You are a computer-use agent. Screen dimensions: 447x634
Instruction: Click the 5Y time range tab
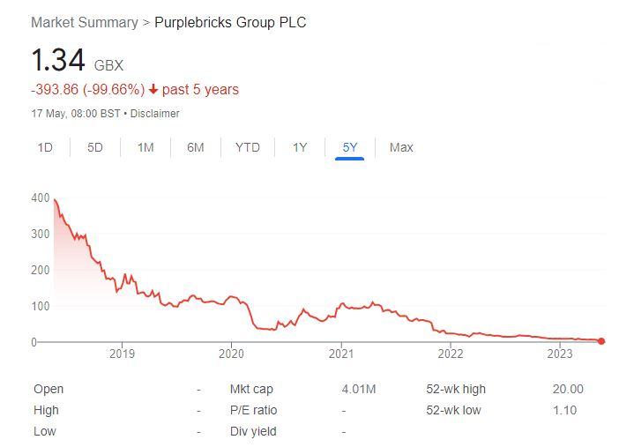coord(350,147)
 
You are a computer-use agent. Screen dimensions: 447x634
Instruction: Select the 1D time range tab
coord(45,147)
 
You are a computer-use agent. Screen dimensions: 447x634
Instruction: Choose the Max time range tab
coord(401,147)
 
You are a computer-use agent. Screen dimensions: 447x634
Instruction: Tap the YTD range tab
coord(247,147)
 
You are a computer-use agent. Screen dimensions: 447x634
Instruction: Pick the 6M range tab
coord(195,147)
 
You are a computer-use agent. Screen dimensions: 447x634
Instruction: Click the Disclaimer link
coord(156,114)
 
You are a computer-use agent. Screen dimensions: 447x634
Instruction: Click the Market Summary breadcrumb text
coord(84,22)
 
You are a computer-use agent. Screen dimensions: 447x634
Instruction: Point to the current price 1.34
coord(58,61)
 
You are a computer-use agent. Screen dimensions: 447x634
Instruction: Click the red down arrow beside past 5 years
coord(153,90)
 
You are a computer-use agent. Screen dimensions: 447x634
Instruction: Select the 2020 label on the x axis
coord(231,354)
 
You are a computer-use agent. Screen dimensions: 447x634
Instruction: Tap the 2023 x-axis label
coord(560,354)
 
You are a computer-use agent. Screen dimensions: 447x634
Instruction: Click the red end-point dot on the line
coord(601,341)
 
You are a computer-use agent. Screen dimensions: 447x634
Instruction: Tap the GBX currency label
coord(109,66)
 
